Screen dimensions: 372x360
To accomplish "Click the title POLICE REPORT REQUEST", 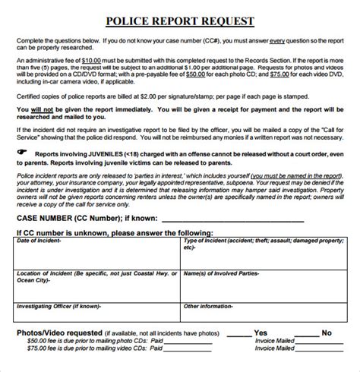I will click(180, 21).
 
